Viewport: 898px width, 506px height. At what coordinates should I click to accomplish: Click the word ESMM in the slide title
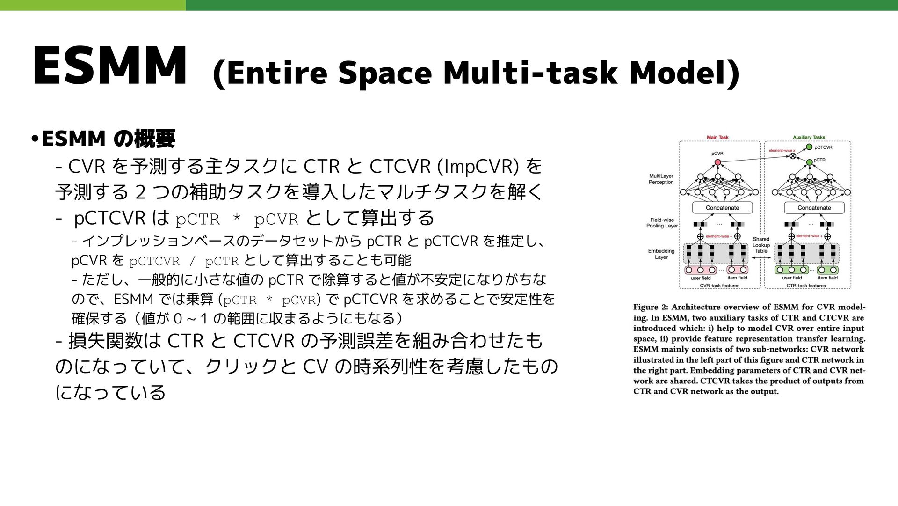click(109, 66)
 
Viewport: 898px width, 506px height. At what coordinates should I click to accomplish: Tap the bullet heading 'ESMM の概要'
click(108, 139)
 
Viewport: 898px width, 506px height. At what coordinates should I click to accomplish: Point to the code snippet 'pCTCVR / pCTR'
click(184, 261)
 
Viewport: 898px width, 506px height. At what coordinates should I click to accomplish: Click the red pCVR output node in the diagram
click(718, 162)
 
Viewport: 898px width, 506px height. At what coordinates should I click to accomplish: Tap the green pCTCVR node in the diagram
click(810, 147)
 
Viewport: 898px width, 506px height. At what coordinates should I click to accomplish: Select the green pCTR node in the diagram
click(810, 162)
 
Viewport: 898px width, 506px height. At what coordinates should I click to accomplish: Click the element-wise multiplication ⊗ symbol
click(793, 156)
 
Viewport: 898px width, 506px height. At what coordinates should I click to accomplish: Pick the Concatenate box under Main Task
click(722, 208)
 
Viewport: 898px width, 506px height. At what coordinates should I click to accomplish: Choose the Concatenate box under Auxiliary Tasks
click(814, 208)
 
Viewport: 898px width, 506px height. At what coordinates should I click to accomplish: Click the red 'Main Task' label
click(717, 138)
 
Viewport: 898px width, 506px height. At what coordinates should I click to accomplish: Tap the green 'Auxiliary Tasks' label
click(809, 138)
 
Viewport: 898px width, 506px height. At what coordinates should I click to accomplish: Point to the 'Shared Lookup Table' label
click(761, 245)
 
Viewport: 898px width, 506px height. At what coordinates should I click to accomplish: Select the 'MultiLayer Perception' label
click(661, 179)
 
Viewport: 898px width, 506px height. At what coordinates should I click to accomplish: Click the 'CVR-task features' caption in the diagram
click(719, 286)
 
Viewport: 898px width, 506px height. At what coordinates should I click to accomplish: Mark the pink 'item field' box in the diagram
click(737, 270)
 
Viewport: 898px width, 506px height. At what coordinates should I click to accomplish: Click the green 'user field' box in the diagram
click(792, 270)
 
